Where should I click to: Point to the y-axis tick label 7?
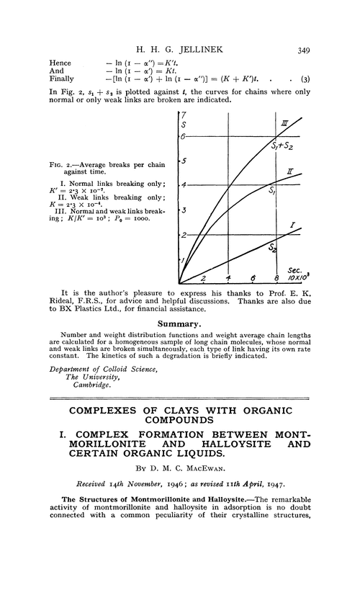pyautogui.click(x=185, y=117)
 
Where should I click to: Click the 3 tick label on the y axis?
pyautogui.click(x=184, y=210)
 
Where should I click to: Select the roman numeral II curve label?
pyautogui.click(x=288, y=173)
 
